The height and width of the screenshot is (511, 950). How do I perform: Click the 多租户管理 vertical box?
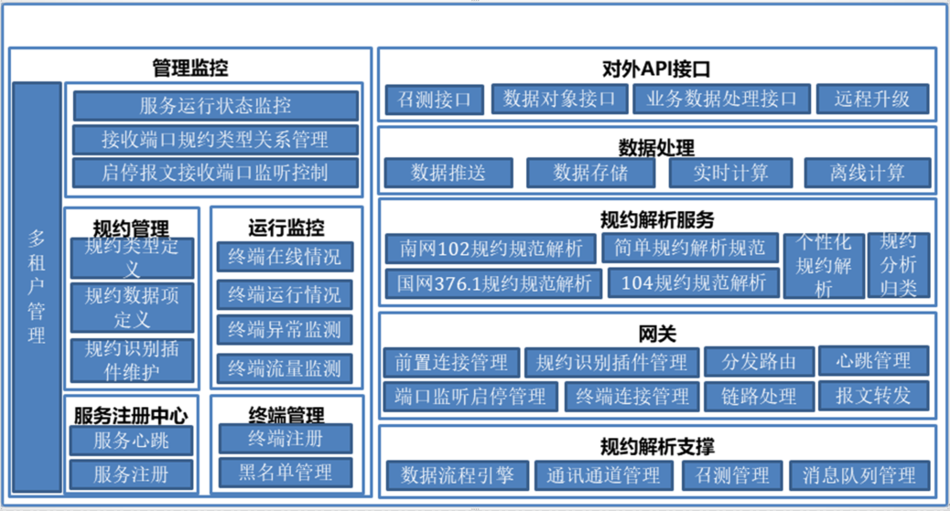click(x=37, y=287)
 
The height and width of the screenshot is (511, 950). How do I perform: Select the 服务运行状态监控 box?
click(x=215, y=105)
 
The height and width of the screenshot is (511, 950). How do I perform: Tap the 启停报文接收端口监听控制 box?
click(x=215, y=172)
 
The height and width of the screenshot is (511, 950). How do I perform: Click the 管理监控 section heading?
click(x=190, y=68)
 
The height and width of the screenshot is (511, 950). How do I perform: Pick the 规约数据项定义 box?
click(x=132, y=307)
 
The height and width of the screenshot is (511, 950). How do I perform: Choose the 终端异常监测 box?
click(x=285, y=330)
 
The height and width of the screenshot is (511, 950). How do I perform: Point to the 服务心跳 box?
click(x=132, y=441)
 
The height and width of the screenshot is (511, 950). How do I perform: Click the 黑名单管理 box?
click(x=285, y=472)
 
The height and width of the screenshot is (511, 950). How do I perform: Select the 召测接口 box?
click(x=434, y=99)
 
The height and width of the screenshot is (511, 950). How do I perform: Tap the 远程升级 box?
click(x=871, y=99)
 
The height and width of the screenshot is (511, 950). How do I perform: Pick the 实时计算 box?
click(x=730, y=172)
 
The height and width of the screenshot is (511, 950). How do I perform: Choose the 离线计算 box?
click(x=867, y=172)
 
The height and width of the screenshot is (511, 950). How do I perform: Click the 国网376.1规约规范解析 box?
click(x=493, y=282)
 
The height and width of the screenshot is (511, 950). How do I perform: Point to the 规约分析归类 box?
click(x=898, y=265)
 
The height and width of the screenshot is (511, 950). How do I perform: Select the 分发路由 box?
click(x=758, y=361)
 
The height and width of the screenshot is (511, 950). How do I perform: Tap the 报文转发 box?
click(x=873, y=396)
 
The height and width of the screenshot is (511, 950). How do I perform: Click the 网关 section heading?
click(x=657, y=333)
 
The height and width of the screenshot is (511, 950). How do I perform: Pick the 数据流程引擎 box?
click(x=457, y=474)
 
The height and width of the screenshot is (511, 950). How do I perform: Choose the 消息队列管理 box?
click(x=859, y=474)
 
